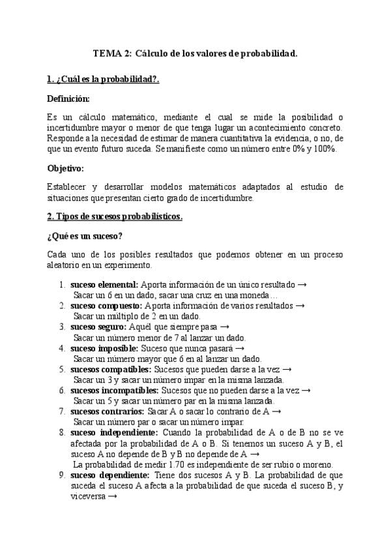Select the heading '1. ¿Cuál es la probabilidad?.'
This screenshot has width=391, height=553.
pos(104,80)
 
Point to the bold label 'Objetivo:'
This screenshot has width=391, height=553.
pos(66,168)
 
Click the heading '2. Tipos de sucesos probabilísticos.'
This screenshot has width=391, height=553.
pos(115,217)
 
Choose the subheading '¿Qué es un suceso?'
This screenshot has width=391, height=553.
pos(85,235)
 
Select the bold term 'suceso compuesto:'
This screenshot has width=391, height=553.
pos(106,305)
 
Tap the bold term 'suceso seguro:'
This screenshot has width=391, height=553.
pos(98,327)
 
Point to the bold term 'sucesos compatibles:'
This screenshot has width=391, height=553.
pos(109,369)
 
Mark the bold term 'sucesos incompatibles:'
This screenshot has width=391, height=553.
pos(114,390)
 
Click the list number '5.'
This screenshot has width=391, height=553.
pos(61,369)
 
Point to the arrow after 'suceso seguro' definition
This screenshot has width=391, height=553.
pos(224,327)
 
